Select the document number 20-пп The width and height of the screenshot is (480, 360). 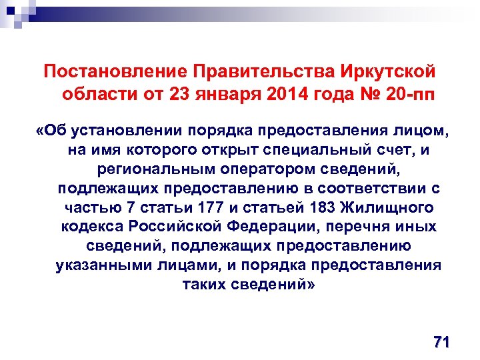pyautogui.click(x=406, y=93)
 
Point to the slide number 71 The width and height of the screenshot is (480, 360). pyautogui.click(x=441, y=343)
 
